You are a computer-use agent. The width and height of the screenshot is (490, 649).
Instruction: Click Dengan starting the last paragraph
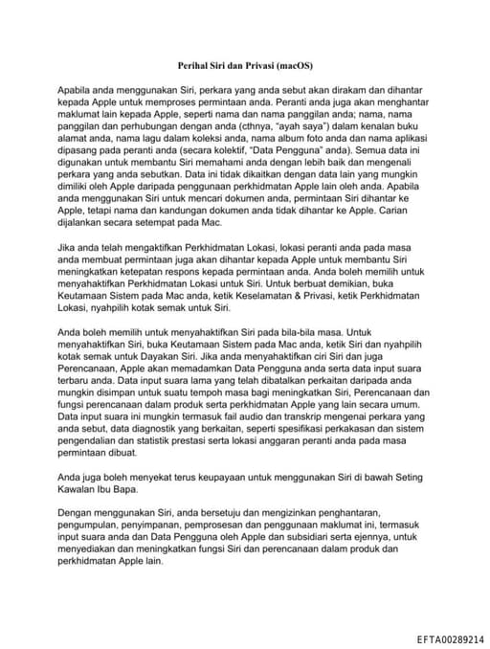point(78,516)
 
